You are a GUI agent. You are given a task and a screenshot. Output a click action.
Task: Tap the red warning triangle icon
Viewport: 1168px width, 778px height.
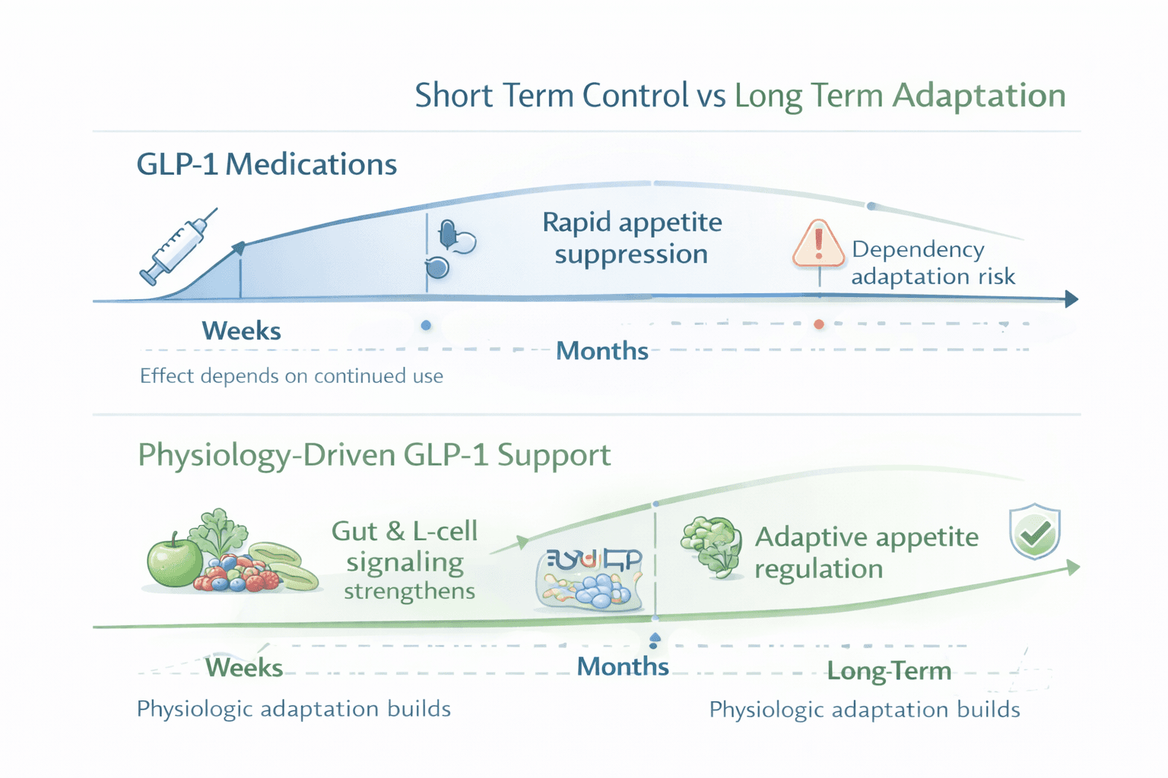click(818, 245)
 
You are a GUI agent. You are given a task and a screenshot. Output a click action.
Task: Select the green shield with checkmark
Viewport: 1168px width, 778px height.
click(1034, 531)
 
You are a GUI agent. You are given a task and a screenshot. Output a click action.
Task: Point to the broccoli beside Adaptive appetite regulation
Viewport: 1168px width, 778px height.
click(712, 546)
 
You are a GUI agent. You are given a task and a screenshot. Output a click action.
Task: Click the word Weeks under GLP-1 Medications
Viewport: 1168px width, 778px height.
click(241, 331)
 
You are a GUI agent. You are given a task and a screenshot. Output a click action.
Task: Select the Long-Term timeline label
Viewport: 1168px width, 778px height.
click(888, 671)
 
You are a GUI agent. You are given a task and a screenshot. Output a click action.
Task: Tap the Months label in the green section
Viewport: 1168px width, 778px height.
click(622, 667)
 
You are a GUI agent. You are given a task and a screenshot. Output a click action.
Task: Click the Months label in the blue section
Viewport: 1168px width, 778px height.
click(601, 351)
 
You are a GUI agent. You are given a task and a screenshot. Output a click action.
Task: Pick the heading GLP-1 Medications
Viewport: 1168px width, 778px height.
click(266, 164)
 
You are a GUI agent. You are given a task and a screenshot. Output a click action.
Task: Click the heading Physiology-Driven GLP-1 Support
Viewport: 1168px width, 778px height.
click(373, 455)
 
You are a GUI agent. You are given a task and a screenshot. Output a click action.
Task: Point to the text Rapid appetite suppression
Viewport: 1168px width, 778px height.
click(631, 238)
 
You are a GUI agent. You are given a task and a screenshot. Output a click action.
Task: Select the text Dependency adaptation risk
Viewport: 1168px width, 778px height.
click(932, 263)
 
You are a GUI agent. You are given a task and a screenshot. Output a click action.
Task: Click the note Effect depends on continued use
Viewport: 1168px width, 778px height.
click(291, 376)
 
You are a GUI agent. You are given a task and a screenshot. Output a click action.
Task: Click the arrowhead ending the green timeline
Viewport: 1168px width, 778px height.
click(1073, 567)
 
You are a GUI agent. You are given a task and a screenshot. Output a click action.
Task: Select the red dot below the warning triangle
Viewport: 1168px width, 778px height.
click(819, 324)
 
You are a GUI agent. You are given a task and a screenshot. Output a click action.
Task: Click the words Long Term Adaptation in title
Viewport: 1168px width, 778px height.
click(900, 96)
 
